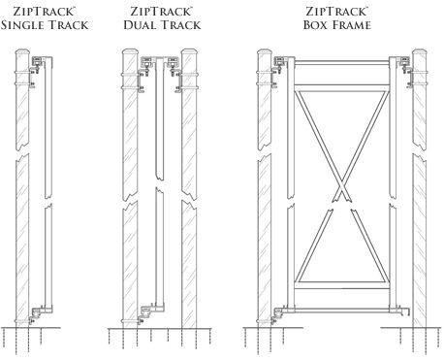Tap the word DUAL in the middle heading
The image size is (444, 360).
pyautogui.click(x=141, y=25)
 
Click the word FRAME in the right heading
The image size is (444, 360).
pyautogui.click(x=352, y=25)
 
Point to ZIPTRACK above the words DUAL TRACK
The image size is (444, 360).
pyautogui.click(x=161, y=12)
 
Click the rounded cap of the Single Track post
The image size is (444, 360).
pyautogui.click(x=22, y=52)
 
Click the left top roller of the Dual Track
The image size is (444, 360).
pyautogui.click(x=147, y=64)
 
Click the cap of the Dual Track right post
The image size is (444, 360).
pyautogui.click(x=189, y=52)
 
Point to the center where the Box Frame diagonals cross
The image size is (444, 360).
pyautogui.click(x=341, y=186)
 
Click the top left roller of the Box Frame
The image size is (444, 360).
pyautogui.click(x=280, y=64)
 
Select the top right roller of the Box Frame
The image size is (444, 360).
pyautogui.click(x=404, y=64)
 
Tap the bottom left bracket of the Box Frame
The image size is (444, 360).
pyautogui.click(x=278, y=313)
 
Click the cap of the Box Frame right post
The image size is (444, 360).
pyautogui.click(x=419, y=53)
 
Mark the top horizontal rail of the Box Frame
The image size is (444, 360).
pyautogui.click(x=342, y=62)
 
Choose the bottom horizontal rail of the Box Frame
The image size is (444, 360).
pyautogui.click(x=342, y=311)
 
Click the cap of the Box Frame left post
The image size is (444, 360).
pyautogui.click(x=265, y=53)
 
